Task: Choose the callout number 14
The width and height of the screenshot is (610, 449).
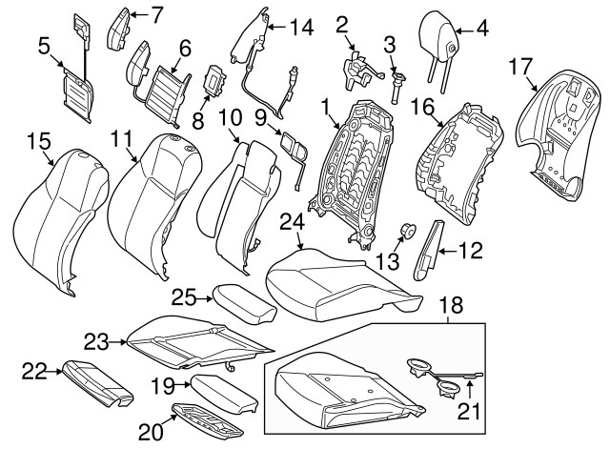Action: (x=301, y=28)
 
